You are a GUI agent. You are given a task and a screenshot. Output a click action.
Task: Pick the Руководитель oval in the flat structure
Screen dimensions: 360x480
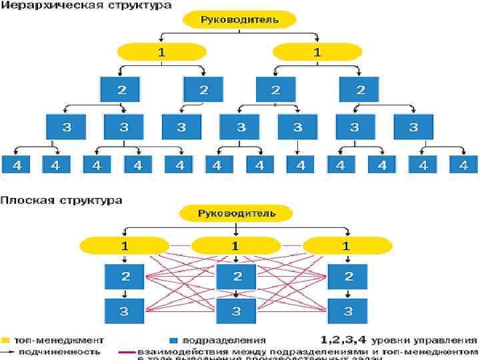pyautogui.click(x=236, y=214)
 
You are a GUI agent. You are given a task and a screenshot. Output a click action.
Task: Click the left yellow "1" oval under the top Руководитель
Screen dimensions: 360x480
pyautogui.click(x=160, y=51)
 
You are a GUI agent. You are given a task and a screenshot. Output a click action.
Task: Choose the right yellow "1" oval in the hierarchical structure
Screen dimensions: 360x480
pyautogui.click(x=316, y=51)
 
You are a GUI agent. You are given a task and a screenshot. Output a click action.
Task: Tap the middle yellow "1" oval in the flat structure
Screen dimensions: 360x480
pyautogui.click(x=235, y=246)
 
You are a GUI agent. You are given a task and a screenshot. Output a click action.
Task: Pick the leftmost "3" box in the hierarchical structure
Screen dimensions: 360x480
pyautogui.click(x=67, y=127)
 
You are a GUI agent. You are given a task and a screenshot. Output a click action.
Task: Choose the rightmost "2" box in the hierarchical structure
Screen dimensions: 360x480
pyautogui.click(x=359, y=89)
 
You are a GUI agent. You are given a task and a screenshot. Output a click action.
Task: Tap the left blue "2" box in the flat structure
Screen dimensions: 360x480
pyautogui.click(x=124, y=276)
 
